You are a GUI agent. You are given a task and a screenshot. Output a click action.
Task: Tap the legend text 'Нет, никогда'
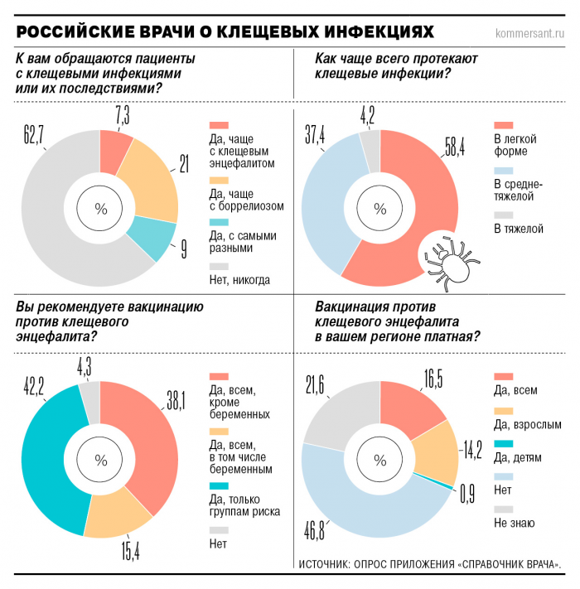[x=239, y=279]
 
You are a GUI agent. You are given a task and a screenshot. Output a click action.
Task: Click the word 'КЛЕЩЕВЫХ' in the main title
[x=267, y=32]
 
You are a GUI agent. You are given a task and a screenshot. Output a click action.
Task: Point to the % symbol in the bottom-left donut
[x=101, y=460]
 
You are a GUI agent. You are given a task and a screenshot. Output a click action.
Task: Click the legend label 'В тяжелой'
[x=518, y=227]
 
